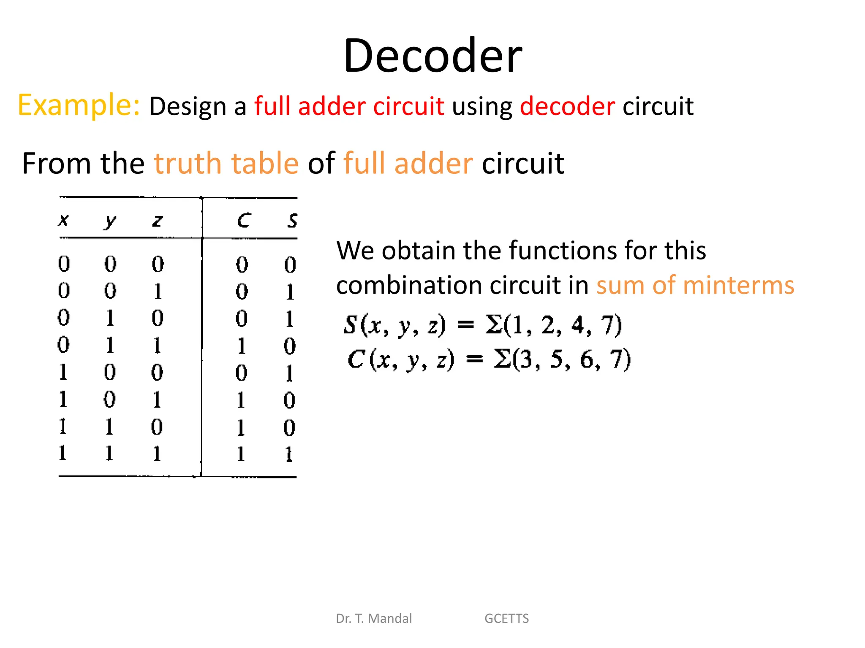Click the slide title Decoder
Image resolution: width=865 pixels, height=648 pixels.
click(x=433, y=56)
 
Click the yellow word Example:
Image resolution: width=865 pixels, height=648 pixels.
click(x=79, y=105)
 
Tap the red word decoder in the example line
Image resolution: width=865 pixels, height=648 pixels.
click(x=567, y=106)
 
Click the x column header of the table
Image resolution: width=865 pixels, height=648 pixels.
click(x=63, y=220)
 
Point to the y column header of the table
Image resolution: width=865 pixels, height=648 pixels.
click(x=110, y=221)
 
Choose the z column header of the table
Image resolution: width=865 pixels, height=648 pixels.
click(x=157, y=221)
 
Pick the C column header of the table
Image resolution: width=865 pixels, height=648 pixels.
click(x=244, y=220)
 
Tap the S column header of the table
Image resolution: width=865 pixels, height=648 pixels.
click(x=292, y=220)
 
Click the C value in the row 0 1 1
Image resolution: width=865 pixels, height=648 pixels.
click(x=241, y=346)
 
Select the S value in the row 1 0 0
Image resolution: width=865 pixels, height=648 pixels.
click(x=289, y=373)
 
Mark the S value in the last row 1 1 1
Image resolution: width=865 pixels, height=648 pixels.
click(x=289, y=454)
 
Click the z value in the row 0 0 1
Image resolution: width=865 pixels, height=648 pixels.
click(x=158, y=291)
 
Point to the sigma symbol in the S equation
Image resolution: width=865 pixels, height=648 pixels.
click(x=493, y=324)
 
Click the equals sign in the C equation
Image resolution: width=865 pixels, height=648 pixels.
click(x=474, y=359)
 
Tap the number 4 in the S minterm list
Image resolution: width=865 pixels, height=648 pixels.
click(x=577, y=325)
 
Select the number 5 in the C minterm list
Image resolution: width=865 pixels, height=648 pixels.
click(x=557, y=359)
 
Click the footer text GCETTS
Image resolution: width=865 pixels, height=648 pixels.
click(x=506, y=618)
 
